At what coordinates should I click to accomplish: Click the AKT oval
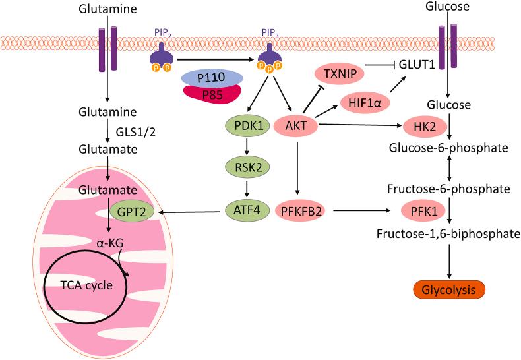pos(295,126)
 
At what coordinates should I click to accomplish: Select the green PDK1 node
pos(248,126)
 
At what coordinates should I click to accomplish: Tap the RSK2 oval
pos(248,167)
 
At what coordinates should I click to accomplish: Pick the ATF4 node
pos(247,210)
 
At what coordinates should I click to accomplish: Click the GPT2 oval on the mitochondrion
pos(132,212)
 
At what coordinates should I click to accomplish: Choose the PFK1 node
pos(423,211)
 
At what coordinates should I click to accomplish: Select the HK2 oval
pos(425,127)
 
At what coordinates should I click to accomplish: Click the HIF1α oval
pos(365,103)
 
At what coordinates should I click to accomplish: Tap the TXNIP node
pos(340,73)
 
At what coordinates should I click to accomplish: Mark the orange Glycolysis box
pos(448,290)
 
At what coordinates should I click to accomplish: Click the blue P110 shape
pos(212,78)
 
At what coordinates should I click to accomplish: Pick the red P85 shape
pos(212,94)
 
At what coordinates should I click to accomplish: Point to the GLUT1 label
pos(417,65)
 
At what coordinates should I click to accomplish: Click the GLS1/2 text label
pos(136,133)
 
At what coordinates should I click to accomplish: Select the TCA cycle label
pos(86,285)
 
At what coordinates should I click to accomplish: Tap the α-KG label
pos(110,243)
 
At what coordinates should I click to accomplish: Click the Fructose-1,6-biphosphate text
pos(448,234)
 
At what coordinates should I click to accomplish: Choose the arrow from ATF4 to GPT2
pos(190,212)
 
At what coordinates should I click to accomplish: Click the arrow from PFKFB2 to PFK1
pos(361,210)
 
